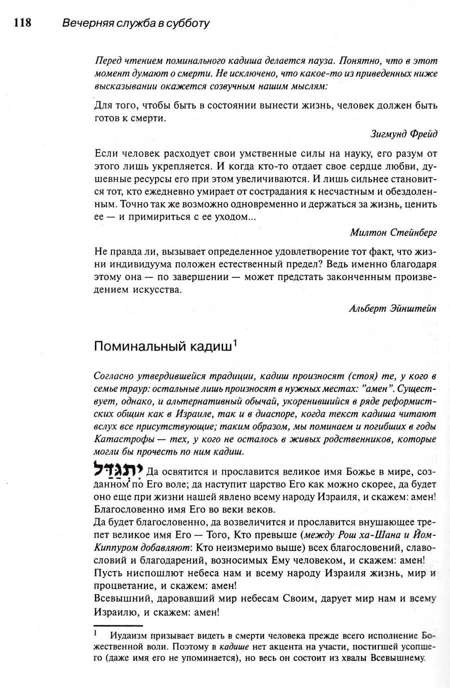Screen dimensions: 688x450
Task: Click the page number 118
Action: (x=22, y=23)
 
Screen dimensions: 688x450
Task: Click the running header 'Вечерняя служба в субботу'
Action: (x=135, y=24)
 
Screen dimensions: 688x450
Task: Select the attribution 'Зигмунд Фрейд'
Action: (x=403, y=134)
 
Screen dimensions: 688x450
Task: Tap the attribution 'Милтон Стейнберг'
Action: (x=393, y=232)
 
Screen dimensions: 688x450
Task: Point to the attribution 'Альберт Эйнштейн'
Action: (x=392, y=308)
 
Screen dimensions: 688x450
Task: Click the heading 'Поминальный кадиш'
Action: (x=163, y=347)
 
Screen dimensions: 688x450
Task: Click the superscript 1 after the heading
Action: (x=235, y=343)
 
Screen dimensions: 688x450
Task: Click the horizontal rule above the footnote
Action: (x=118, y=625)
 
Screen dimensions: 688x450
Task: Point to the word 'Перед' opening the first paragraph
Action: (x=108, y=61)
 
